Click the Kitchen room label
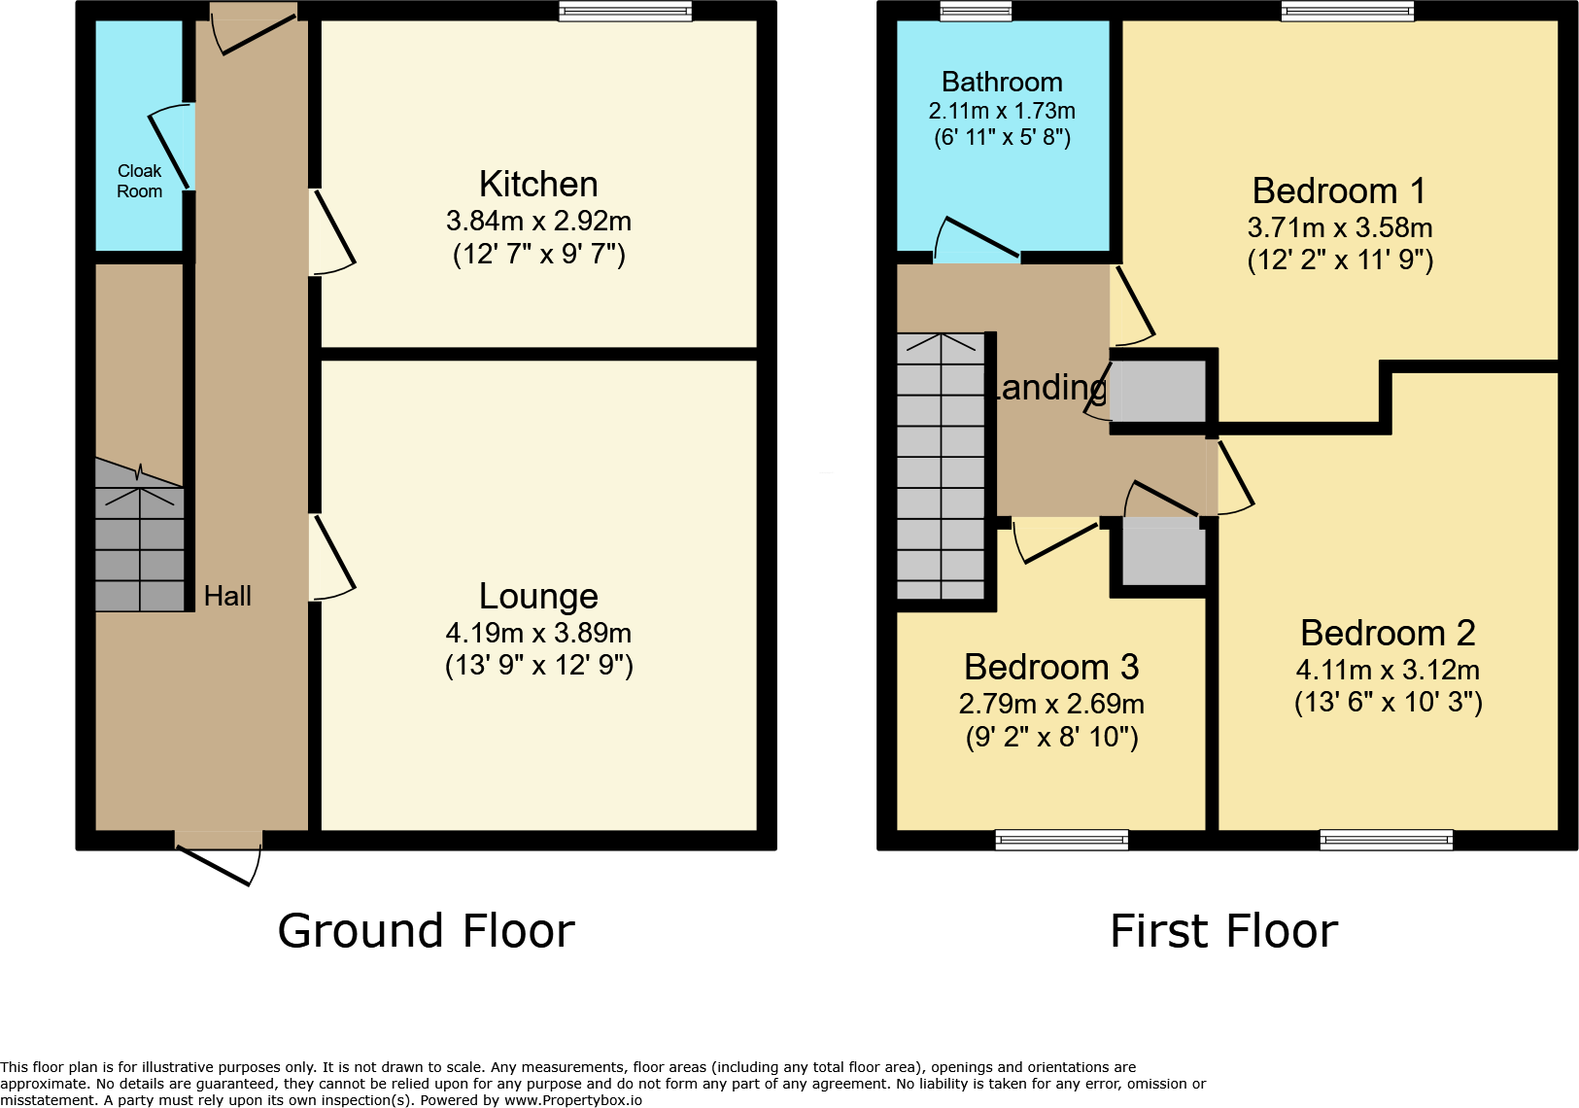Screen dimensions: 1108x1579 click(x=538, y=184)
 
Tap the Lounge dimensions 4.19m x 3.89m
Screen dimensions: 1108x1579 click(x=538, y=633)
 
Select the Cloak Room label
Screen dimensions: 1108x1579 click(x=139, y=181)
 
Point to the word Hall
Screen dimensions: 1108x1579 click(x=227, y=596)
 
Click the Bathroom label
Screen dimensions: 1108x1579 click(x=1002, y=82)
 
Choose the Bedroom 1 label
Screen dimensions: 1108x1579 click(x=1339, y=190)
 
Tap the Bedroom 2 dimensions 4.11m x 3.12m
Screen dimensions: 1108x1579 click(x=1388, y=670)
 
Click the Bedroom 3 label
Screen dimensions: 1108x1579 click(x=1050, y=667)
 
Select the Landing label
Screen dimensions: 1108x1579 click(x=1047, y=387)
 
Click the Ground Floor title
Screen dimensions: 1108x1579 click(x=426, y=931)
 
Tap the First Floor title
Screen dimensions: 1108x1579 click(x=1223, y=931)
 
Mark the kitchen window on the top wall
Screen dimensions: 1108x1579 click(x=625, y=11)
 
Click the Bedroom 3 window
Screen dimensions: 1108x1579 click(x=1061, y=840)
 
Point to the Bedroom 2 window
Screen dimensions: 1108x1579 click(x=1386, y=840)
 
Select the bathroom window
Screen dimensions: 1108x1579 click(x=976, y=11)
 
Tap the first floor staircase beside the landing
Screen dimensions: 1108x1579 click(x=940, y=467)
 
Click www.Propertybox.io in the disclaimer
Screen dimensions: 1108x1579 click(x=572, y=1100)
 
